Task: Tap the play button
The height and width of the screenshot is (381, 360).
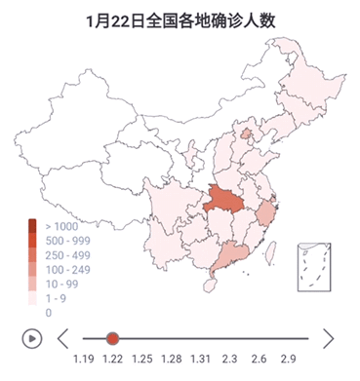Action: [x=32, y=338]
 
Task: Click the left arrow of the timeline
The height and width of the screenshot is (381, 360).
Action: [x=62, y=338]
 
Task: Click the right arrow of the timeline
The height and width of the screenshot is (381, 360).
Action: [x=328, y=338]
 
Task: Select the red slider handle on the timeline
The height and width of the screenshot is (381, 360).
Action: [x=112, y=338]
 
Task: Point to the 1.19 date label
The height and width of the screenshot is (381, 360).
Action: [x=83, y=362]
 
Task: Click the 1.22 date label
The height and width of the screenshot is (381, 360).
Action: [x=112, y=362]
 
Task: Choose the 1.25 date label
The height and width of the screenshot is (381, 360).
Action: [x=142, y=362]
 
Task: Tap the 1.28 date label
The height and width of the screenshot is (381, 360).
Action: [x=172, y=362]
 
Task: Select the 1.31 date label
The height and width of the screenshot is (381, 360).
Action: [x=201, y=362]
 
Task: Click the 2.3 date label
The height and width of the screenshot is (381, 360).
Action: [x=230, y=362]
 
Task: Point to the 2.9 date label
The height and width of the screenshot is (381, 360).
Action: [x=289, y=362]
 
